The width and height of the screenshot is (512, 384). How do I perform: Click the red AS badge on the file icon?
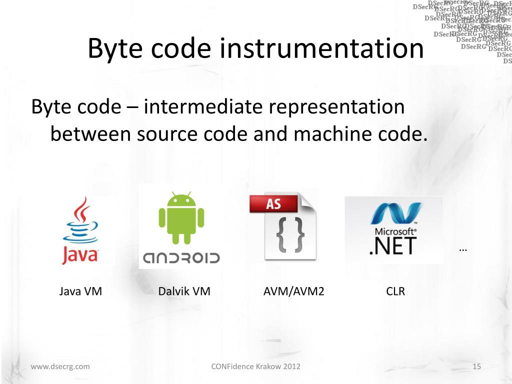point(273,204)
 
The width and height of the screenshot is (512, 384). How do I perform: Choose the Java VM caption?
point(80,291)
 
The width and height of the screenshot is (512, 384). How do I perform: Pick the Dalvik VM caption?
point(184,291)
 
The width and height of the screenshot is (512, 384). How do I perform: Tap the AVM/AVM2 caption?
point(294,291)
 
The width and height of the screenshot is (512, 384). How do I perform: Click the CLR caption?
point(395,291)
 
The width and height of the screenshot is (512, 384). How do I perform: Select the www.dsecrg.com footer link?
point(60,366)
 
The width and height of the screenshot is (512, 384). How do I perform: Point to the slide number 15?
point(476,366)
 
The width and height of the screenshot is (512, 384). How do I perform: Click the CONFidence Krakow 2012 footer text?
point(256,366)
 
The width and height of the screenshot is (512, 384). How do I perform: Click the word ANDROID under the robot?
point(181,258)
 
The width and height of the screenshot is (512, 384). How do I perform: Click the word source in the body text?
point(165,134)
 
